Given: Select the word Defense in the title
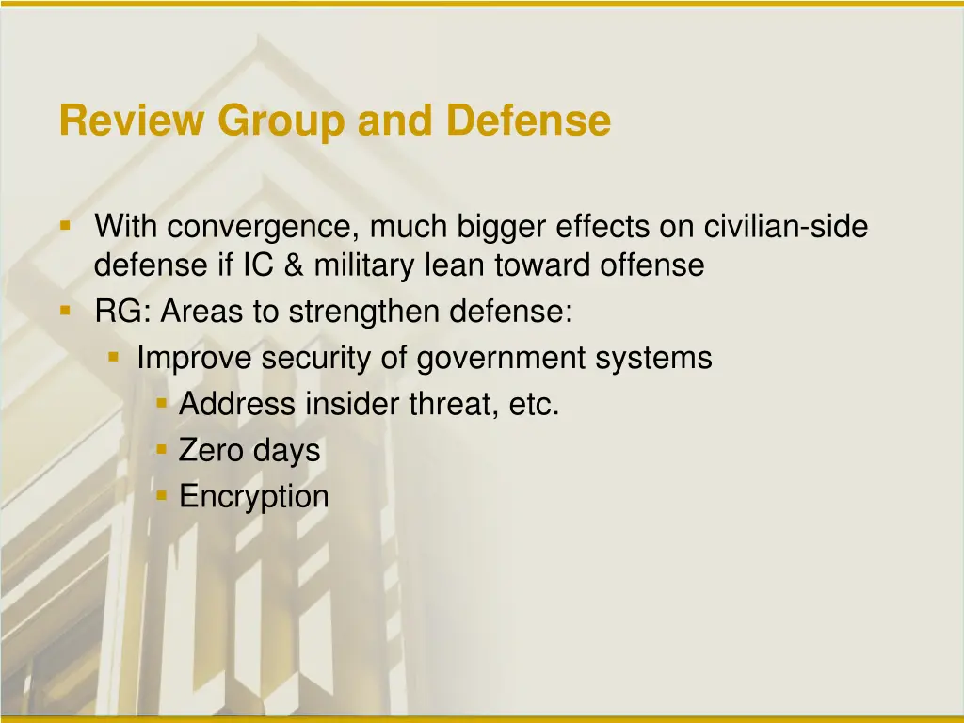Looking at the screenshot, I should pos(528,121).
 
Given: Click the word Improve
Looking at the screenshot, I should pos(195,359).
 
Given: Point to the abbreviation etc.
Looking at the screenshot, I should pos(534,405).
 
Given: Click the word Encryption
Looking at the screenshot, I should pos(254,497).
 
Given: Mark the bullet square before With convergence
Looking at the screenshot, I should pos(66,226).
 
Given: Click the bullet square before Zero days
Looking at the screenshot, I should pos(162,449).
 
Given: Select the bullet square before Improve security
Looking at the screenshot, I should pos(114,357).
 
